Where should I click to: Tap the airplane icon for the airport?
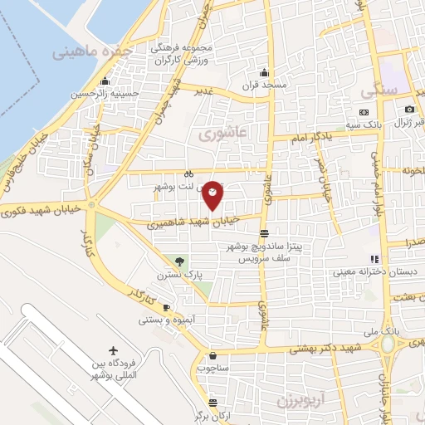113,352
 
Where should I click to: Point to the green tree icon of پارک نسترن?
175,261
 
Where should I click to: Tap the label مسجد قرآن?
265,85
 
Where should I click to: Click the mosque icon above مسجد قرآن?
265,72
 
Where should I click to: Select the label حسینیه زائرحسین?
105,95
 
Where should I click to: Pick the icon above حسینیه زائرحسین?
105,81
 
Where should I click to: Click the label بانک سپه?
364,125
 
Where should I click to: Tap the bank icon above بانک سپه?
364,112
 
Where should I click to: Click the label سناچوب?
213,366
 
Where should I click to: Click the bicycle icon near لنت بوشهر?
188,174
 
